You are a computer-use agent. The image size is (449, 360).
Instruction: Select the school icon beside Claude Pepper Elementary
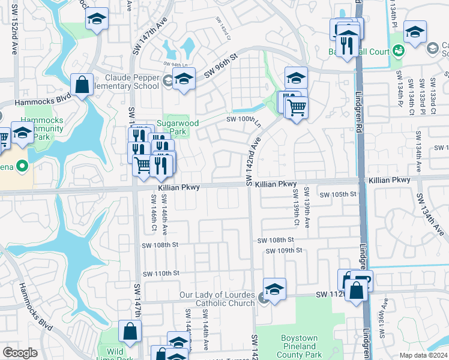point(184,79)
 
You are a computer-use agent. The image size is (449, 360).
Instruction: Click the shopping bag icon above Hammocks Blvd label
point(82,85)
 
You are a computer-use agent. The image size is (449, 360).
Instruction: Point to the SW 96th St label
point(221,65)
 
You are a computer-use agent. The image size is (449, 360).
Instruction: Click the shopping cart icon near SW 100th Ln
point(297,108)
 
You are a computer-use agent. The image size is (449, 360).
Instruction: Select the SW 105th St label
point(338,194)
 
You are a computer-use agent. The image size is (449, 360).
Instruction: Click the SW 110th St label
point(160,273)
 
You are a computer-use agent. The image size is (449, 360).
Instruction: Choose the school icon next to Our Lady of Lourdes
point(274,290)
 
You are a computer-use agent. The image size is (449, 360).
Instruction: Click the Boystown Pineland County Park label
point(298,346)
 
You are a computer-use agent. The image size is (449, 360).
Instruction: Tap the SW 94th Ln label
point(176,64)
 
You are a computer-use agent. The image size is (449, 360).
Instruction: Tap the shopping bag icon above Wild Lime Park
point(130,331)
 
